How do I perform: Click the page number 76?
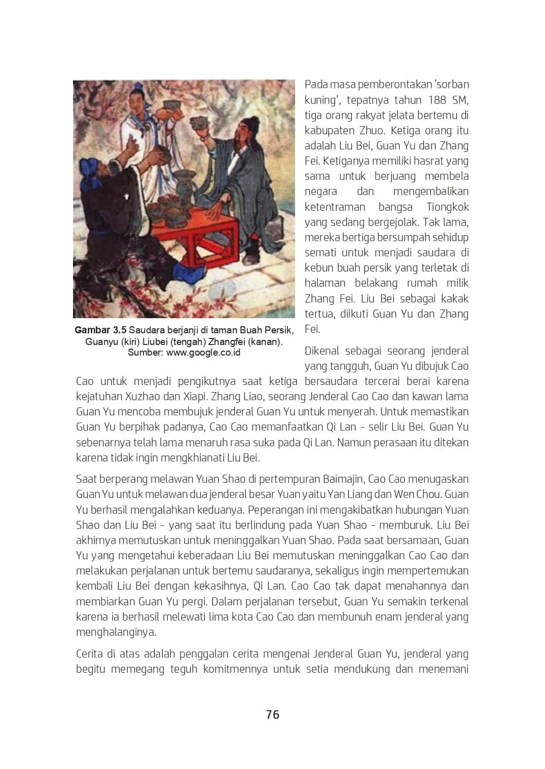272,714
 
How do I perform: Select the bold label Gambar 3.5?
100,330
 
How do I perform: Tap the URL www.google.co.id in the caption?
203,353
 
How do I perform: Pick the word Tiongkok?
448,207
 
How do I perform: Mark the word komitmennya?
235,669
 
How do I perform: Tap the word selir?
377,427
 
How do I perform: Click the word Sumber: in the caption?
145,353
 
